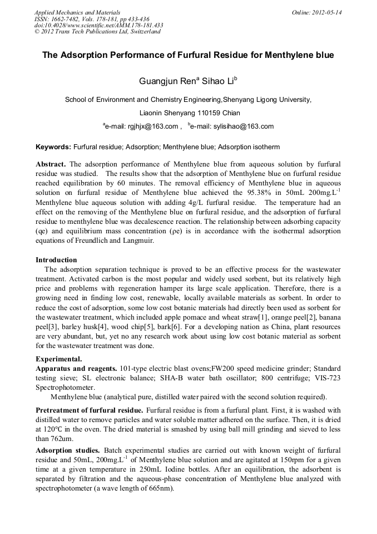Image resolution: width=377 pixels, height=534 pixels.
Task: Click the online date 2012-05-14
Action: click(x=327, y=12)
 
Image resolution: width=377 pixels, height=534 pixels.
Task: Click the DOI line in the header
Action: click(x=98, y=25)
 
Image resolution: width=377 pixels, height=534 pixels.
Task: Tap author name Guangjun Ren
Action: click(x=163, y=81)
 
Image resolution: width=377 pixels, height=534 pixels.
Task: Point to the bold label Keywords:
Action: click(x=53, y=147)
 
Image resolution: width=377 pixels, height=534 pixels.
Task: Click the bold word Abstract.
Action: click(x=51, y=165)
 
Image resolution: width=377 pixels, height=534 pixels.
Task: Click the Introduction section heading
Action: click(x=56, y=259)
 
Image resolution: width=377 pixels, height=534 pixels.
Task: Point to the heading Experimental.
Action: click(x=59, y=359)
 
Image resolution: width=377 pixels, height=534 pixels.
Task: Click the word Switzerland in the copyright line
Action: click(x=145, y=31)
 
